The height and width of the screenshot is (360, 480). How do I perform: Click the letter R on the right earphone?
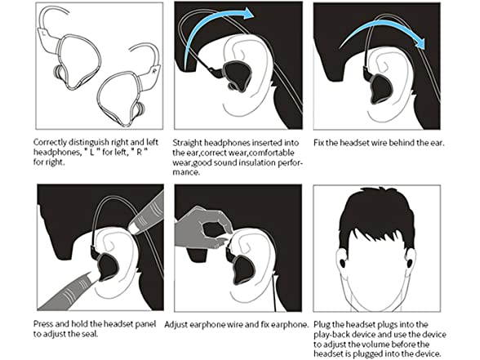tap(153, 71)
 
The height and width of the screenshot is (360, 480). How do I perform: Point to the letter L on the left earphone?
tap(45, 31)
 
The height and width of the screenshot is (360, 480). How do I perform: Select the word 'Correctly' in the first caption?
tap(50, 142)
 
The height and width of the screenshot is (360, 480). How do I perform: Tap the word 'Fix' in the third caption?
tap(318, 143)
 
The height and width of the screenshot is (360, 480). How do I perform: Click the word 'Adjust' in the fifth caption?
tap(176, 325)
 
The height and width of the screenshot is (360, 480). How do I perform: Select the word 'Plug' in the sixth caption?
tap(322, 325)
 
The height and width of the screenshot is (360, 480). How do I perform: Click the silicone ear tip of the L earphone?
tap(57, 72)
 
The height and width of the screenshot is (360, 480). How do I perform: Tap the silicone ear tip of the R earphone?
tap(140, 109)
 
